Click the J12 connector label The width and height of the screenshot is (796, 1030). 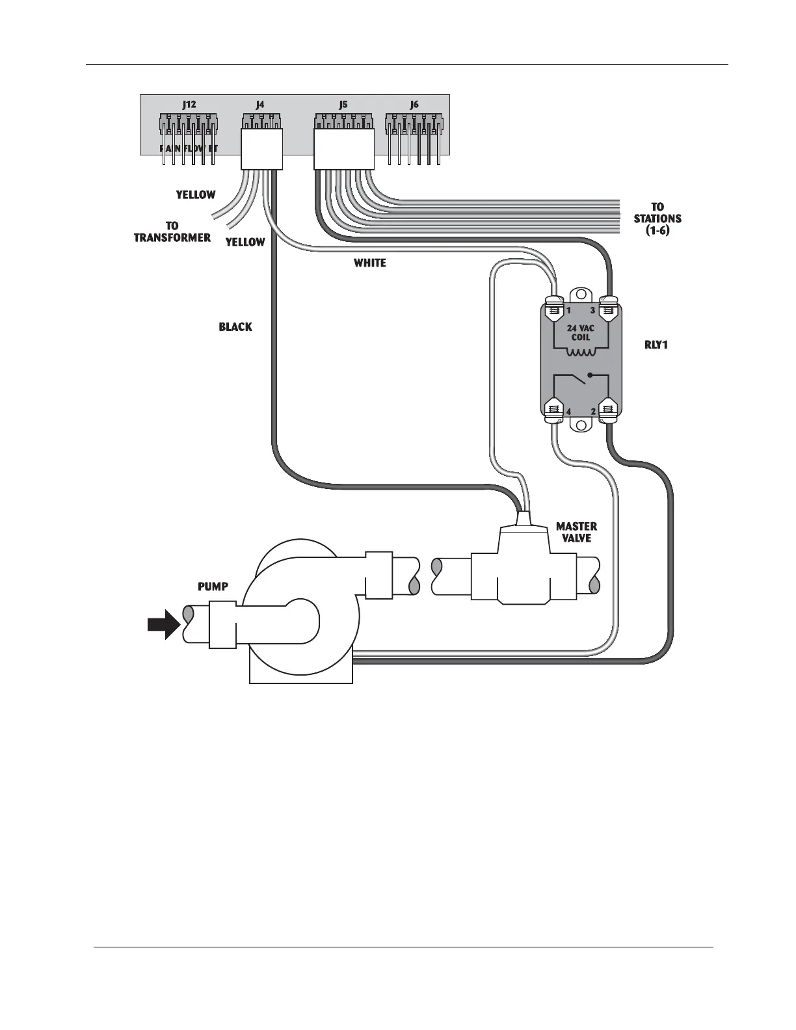tap(189, 104)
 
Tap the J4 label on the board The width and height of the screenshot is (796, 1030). tap(260, 104)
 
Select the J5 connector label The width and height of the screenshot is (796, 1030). tap(343, 104)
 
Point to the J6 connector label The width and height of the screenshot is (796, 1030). tap(414, 104)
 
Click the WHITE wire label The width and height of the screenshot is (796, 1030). tap(369, 263)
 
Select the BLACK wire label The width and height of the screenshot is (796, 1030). tap(235, 327)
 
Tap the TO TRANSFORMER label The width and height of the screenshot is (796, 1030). tap(172, 232)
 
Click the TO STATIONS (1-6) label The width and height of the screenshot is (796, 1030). tap(657, 219)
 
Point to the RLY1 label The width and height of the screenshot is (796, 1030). tap(656, 345)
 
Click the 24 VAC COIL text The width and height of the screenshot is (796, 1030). tap(580, 333)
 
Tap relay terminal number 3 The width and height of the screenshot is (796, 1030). tap(592, 311)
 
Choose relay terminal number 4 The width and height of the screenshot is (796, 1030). tap(568, 412)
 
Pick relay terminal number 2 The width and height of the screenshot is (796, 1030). tap(592, 412)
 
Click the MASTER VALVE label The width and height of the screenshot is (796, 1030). tap(576, 532)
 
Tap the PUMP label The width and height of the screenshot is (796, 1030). tap(213, 587)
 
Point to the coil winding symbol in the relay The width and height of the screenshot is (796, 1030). tap(580, 353)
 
